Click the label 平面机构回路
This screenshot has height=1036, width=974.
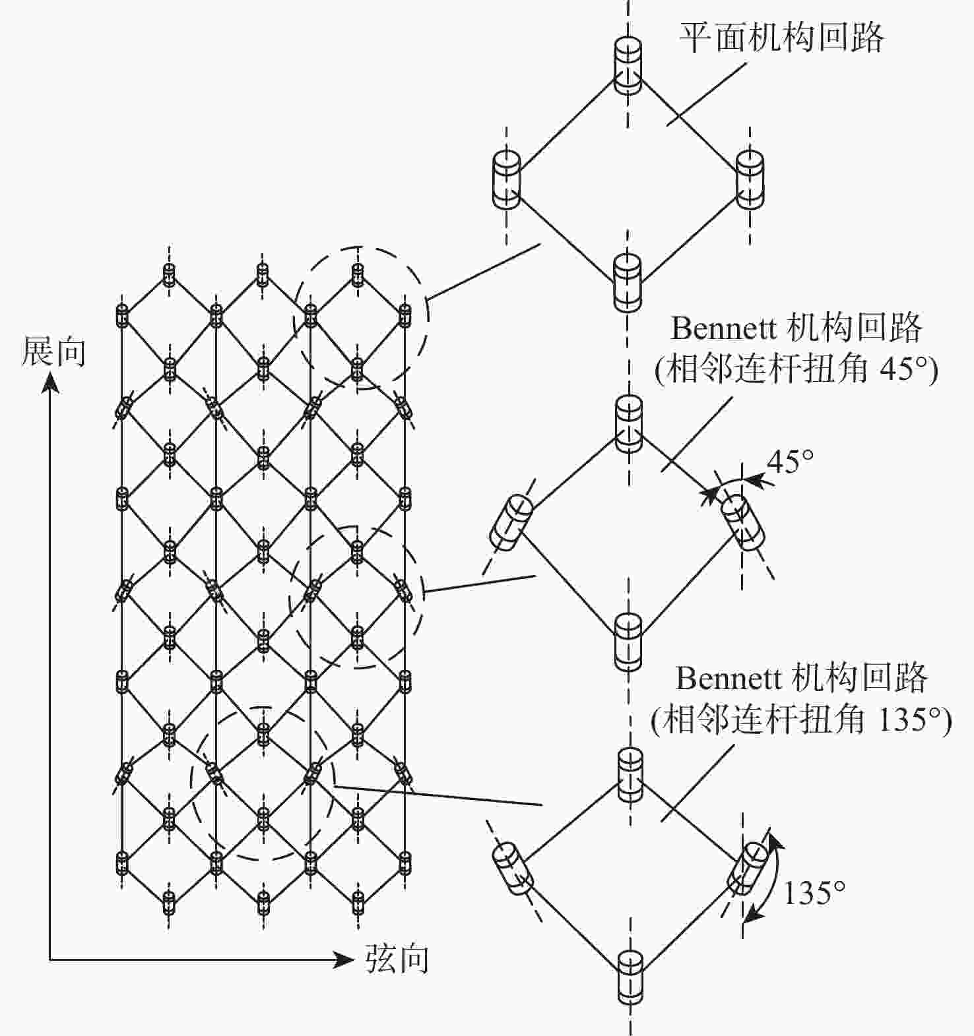click(781, 38)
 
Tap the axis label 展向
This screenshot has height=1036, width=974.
click(54, 351)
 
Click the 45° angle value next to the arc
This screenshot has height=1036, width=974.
click(790, 461)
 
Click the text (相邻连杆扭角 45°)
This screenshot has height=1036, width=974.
click(796, 368)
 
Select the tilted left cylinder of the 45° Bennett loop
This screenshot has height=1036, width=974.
click(511, 523)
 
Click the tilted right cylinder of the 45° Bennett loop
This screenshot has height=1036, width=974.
click(743, 523)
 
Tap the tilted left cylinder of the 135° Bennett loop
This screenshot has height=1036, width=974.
click(512, 868)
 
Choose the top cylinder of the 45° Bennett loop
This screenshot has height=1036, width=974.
click(628, 424)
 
